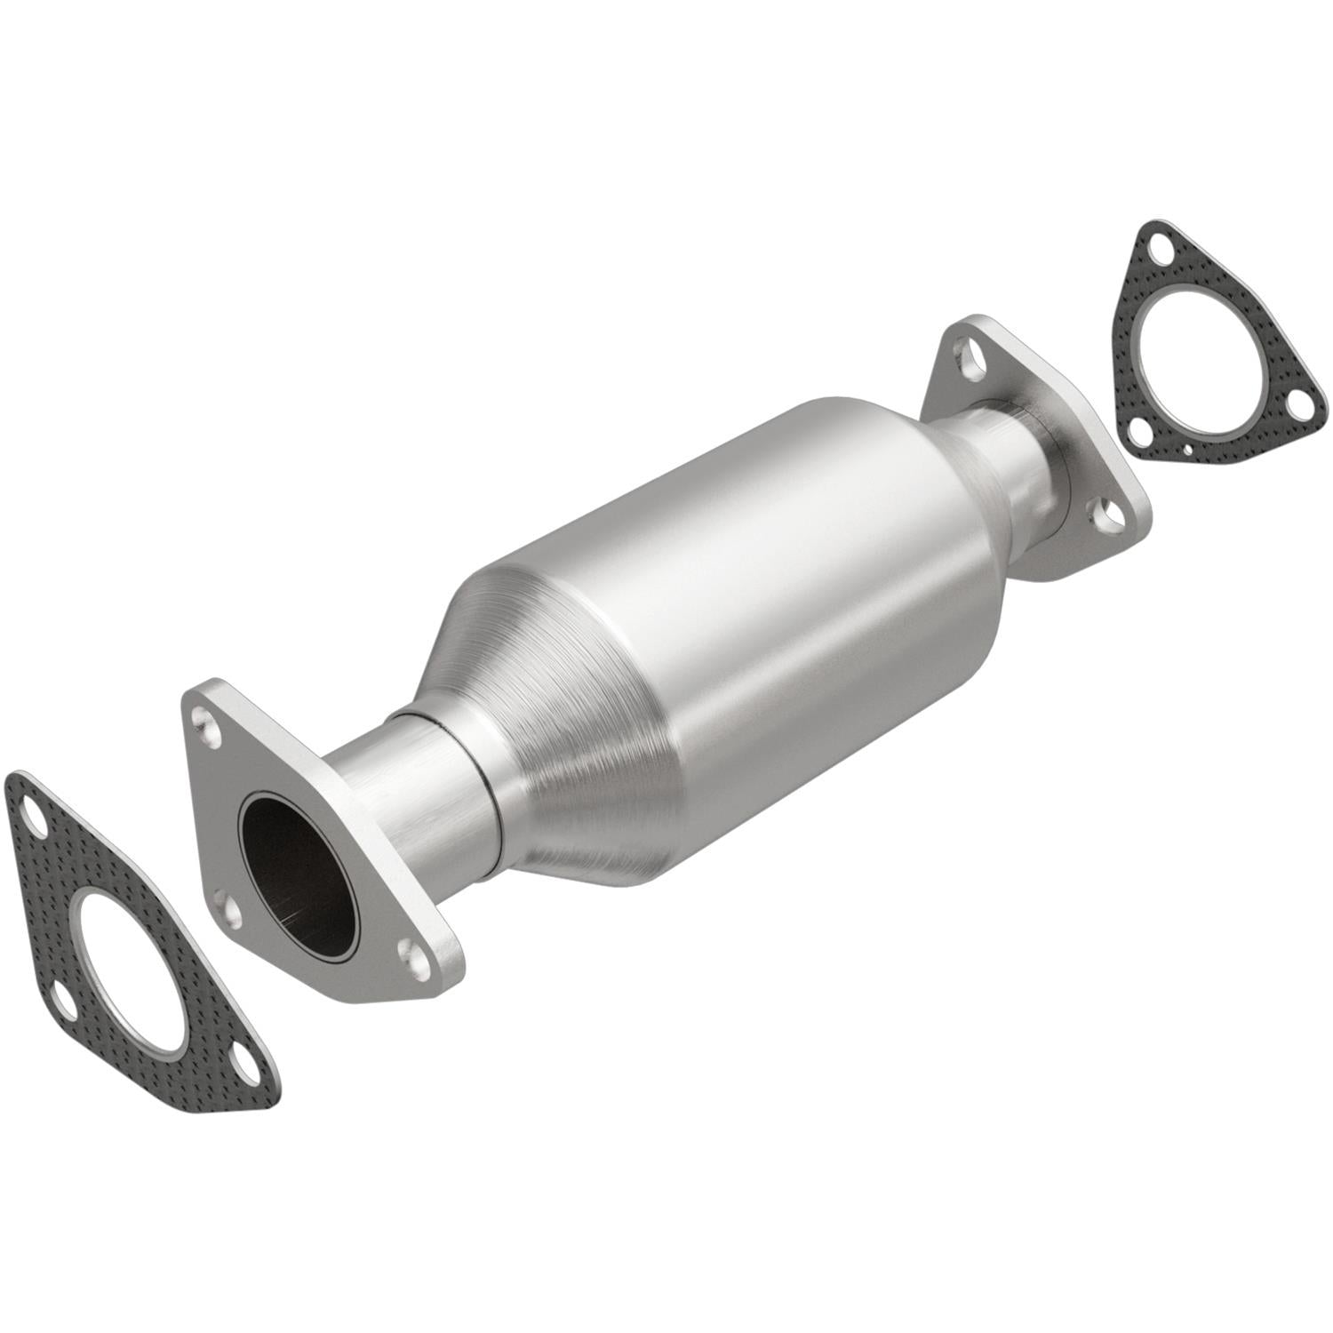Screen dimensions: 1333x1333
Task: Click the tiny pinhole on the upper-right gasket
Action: point(1187,451)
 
